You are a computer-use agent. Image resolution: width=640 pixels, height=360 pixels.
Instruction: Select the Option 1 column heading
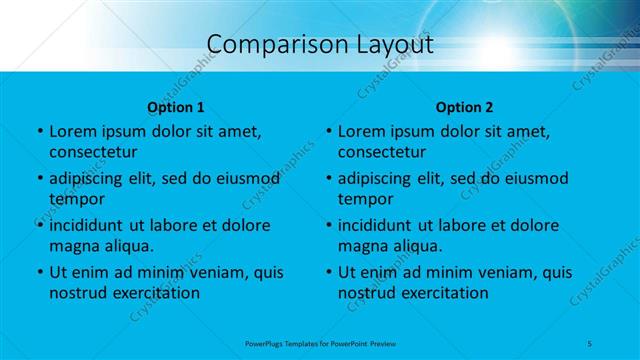(176, 107)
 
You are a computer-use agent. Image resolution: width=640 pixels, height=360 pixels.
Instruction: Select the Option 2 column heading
(465, 107)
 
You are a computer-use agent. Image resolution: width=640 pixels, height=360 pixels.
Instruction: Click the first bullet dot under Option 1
(39, 132)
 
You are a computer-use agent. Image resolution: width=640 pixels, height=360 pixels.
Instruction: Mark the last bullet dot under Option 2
(328, 272)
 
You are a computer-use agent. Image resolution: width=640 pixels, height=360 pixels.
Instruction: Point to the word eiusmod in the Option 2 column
(534, 179)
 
